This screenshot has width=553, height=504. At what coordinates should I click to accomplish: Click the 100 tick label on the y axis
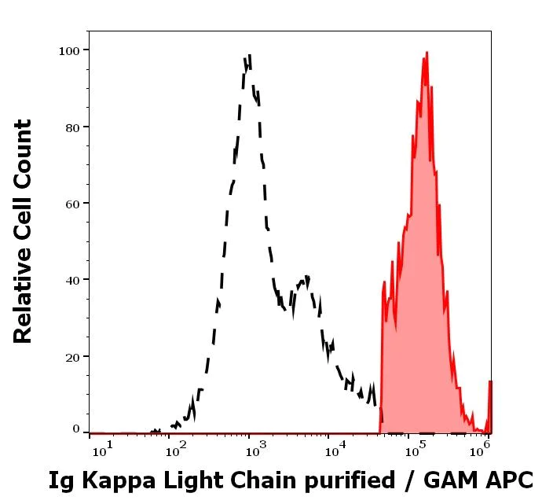point(69,50)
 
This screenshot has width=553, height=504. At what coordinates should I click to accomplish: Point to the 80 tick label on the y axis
point(72,127)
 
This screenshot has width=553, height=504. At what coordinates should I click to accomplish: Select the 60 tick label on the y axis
point(72,204)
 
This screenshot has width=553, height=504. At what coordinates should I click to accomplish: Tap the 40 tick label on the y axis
point(72,280)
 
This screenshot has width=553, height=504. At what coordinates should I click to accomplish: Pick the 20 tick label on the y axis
point(72,357)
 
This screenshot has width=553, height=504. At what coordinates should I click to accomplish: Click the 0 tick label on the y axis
point(76,429)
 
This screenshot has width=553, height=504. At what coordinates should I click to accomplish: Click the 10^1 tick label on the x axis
point(103,449)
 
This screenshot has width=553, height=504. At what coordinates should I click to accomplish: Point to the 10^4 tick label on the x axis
point(336,449)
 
